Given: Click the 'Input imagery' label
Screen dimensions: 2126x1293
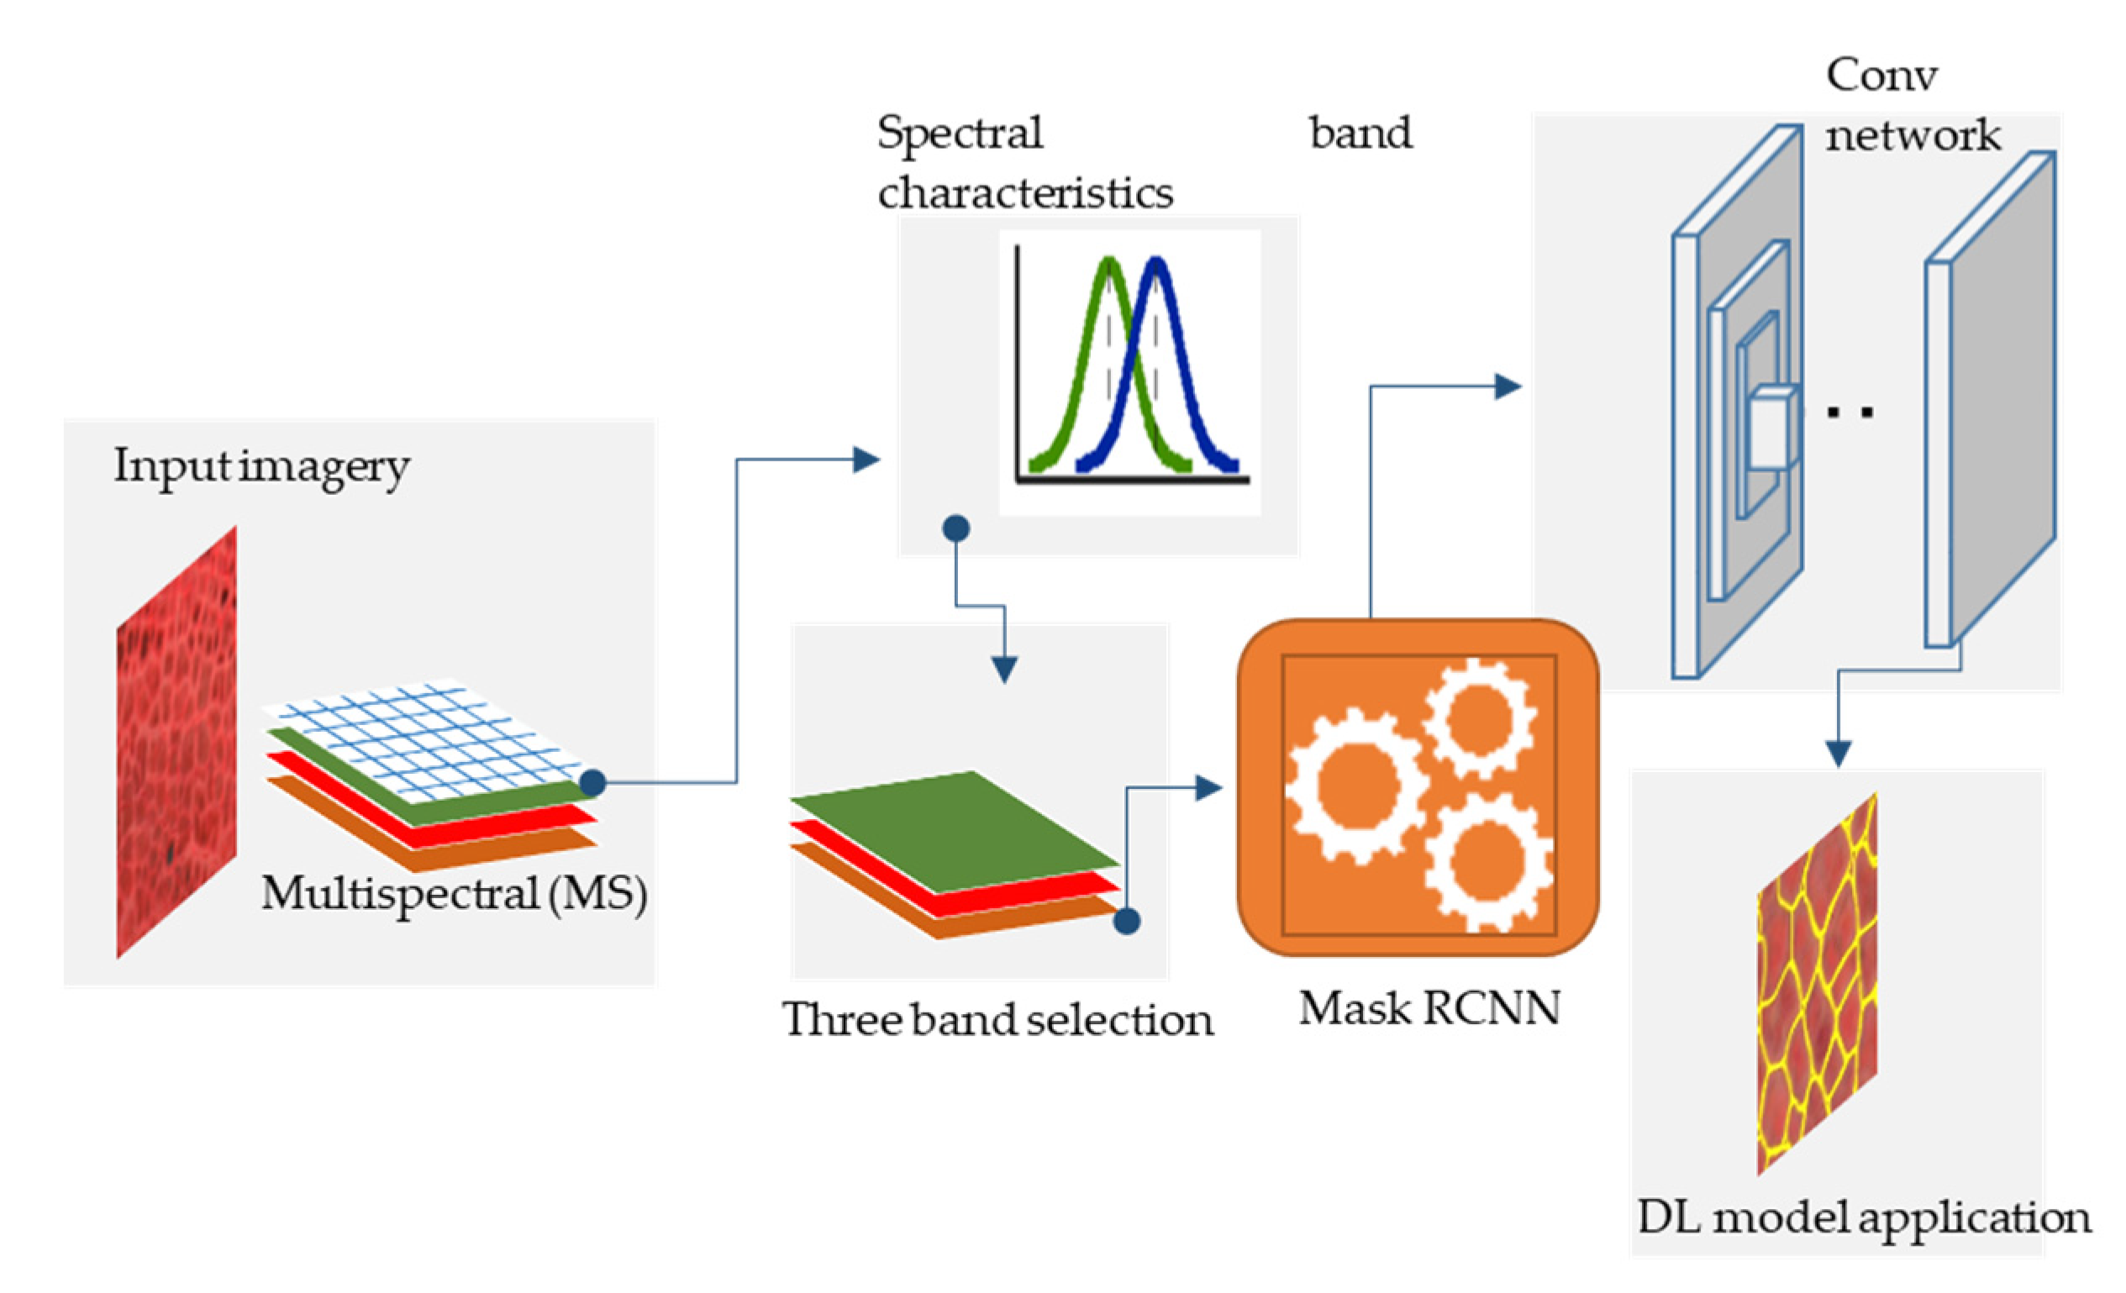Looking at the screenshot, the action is [x=261, y=467].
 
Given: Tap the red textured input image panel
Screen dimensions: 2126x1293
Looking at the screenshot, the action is [x=176, y=742].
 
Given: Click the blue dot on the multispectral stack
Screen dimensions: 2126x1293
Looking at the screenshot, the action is [x=592, y=782].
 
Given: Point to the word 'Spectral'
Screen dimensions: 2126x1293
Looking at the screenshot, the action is [x=960, y=134].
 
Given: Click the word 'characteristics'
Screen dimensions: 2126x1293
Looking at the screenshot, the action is [x=1026, y=192].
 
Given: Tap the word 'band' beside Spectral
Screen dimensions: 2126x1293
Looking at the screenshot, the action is [x=1360, y=133].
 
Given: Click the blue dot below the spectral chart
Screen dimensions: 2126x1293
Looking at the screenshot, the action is [x=956, y=528].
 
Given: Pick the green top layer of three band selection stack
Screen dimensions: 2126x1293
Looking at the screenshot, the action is [x=955, y=832].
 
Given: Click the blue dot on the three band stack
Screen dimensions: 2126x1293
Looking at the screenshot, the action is [x=1127, y=920].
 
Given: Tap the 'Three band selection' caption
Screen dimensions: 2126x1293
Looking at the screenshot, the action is [x=998, y=1020].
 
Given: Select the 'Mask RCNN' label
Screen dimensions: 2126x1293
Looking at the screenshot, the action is [x=1429, y=1007].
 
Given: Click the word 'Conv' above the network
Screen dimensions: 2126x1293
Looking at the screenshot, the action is [x=1881, y=75].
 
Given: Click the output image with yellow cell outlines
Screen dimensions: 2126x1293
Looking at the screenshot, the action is [x=1817, y=983].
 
